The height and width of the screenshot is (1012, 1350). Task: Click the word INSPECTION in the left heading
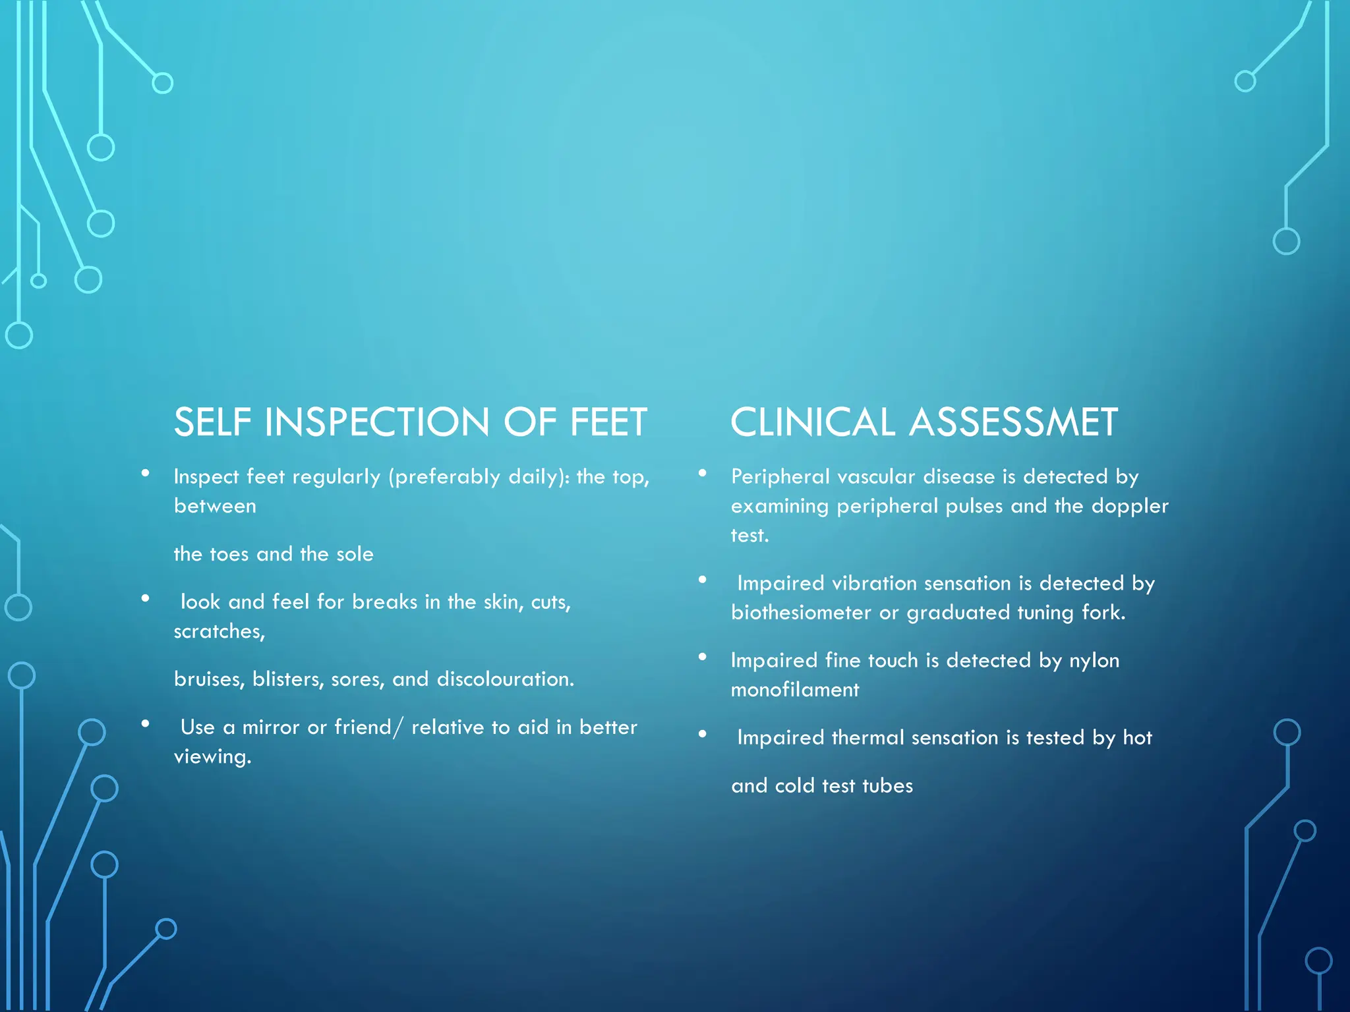tap(376, 422)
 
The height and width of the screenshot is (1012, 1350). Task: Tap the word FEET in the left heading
tap(608, 422)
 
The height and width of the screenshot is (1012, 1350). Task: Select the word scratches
tap(219, 631)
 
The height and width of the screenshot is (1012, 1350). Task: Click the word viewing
tap(212, 757)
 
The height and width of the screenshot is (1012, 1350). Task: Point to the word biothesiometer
tap(801, 613)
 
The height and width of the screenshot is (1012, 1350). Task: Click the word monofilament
tap(795, 690)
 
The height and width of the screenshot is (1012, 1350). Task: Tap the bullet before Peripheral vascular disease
tap(703, 473)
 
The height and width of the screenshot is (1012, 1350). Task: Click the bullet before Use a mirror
tap(145, 723)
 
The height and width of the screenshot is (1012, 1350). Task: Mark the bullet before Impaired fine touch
tap(703, 657)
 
